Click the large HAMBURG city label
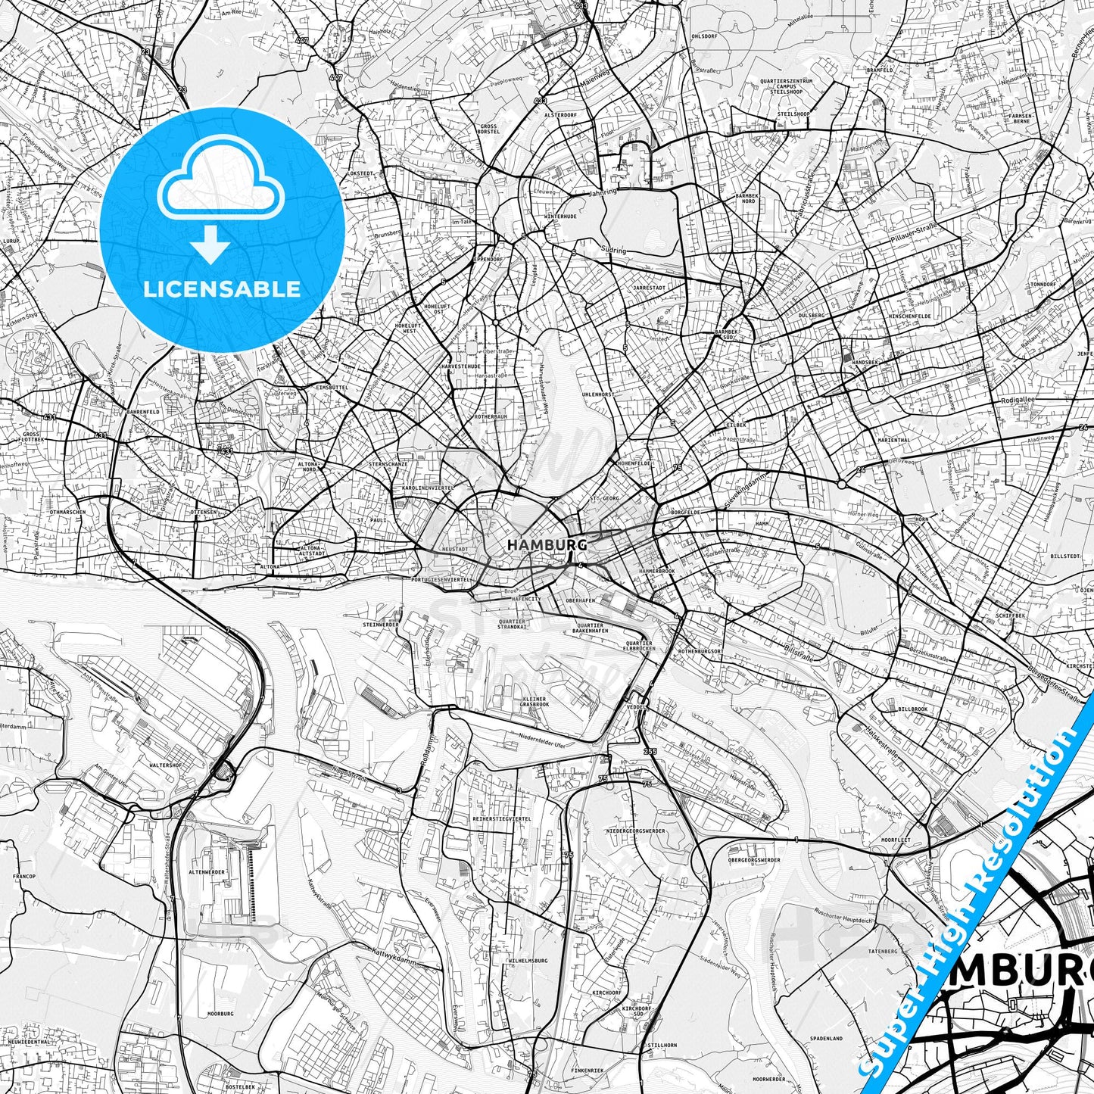(x=547, y=544)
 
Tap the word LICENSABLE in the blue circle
(x=223, y=289)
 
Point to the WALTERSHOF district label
(x=165, y=765)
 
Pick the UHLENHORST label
(x=597, y=394)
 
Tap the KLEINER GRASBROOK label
(x=535, y=701)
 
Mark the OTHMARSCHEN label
(x=67, y=513)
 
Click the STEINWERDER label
(x=381, y=625)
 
